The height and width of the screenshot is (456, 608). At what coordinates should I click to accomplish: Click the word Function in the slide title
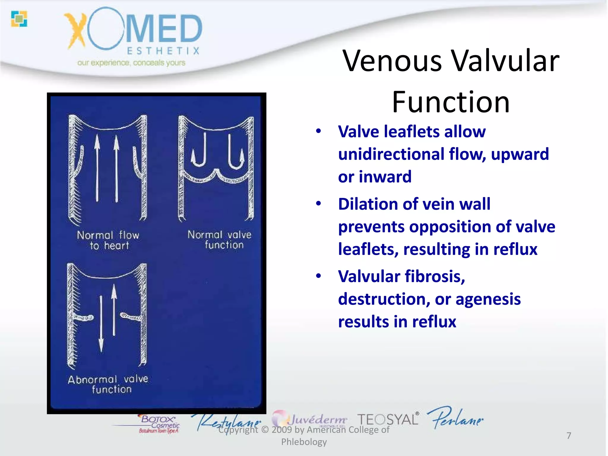click(451, 102)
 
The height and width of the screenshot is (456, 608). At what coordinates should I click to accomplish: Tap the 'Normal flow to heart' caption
click(108, 240)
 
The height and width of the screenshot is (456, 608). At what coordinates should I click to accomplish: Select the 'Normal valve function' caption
click(220, 240)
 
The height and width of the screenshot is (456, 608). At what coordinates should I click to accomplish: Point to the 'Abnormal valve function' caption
click(108, 384)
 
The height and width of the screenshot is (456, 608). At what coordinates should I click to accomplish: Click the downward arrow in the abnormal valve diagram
click(101, 324)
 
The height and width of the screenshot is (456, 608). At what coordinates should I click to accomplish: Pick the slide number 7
click(569, 436)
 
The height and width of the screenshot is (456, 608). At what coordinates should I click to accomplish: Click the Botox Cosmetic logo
click(159, 423)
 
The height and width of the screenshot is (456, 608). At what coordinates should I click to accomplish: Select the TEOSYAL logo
click(388, 419)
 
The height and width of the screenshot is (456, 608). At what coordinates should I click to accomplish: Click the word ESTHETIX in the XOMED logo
click(163, 51)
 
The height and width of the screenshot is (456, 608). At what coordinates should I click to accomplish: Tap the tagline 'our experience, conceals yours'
click(131, 63)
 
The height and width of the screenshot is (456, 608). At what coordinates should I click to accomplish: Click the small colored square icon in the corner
click(19, 19)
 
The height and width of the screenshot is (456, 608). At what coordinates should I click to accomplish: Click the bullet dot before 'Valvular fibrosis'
click(319, 276)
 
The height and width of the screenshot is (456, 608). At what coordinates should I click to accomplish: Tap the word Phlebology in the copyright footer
click(304, 442)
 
